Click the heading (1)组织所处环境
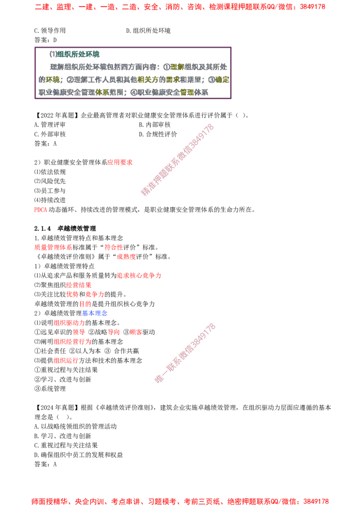pos(75,54)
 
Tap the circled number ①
pos(166,67)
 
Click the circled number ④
pos(133,92)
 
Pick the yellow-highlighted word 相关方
pos(148,80)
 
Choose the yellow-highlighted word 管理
pos(187,92)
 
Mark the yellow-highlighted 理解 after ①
pos(178,67)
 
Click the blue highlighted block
pos(95,313)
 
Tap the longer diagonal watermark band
pos(177,160)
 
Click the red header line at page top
pos(180,7)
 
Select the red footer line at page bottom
pos(180,501)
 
